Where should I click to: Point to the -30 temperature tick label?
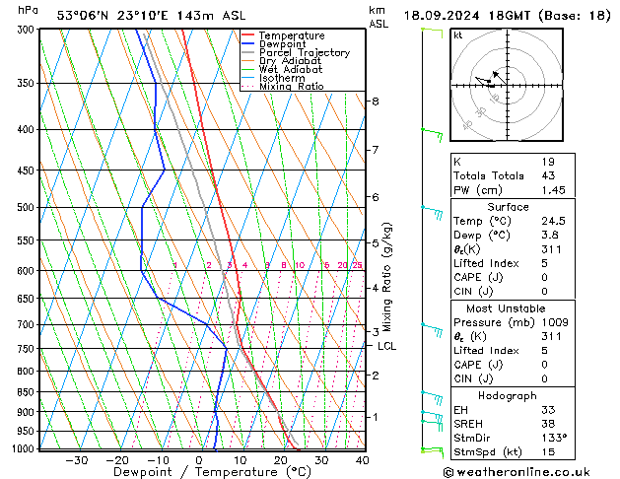point(76,459)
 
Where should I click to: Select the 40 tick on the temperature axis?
point(362,459)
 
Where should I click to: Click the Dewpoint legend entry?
point(286,44)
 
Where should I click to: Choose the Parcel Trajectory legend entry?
point(304,53)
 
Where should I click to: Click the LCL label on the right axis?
point(387,346)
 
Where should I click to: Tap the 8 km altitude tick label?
point(375,102)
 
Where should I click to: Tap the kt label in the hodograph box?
point(458,34)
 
